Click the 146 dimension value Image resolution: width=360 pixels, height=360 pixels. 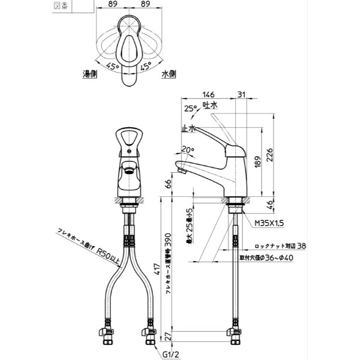209,94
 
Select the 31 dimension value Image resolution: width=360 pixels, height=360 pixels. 241,94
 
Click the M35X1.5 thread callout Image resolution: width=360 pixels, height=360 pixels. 268,222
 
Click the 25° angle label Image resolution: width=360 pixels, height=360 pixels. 190,109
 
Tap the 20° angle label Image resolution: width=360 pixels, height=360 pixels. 188,149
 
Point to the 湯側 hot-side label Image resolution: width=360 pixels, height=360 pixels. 91,74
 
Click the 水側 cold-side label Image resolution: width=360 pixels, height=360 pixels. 168,74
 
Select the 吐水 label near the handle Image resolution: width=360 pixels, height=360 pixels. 211,105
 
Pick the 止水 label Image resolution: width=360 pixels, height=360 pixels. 188,128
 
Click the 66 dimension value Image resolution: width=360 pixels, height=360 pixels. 168,184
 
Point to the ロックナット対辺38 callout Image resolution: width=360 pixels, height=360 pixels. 281,245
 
